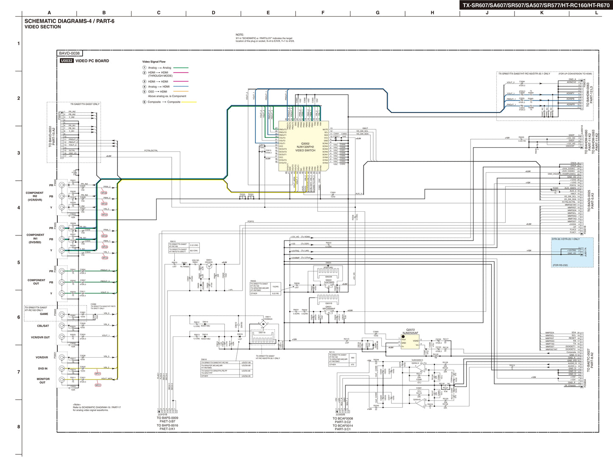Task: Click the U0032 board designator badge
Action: (x=67, y=61)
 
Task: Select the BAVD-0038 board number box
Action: (x=70, y=53)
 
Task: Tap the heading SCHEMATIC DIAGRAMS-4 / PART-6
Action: (x=69, y=21)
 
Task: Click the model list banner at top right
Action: (x=536, y=6)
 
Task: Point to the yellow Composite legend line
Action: (x=189, y=102)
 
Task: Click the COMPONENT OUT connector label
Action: (x=36, y=282)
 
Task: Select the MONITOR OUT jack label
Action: (x=43, y=381)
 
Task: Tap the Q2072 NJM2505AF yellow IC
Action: (x=410, y=342)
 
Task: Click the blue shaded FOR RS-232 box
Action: (x=572, y=252)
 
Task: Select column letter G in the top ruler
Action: (x=378, y=13)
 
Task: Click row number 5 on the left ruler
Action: (x=18, y=263)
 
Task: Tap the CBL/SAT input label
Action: (x=43, y=326)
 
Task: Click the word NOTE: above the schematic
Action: (x=240, y=35)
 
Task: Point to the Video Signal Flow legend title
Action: (x=154, y=62)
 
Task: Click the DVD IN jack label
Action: (x=43, y=369)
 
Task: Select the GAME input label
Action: (x=44, y=314)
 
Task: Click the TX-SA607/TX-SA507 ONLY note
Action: (x=85, y=104)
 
